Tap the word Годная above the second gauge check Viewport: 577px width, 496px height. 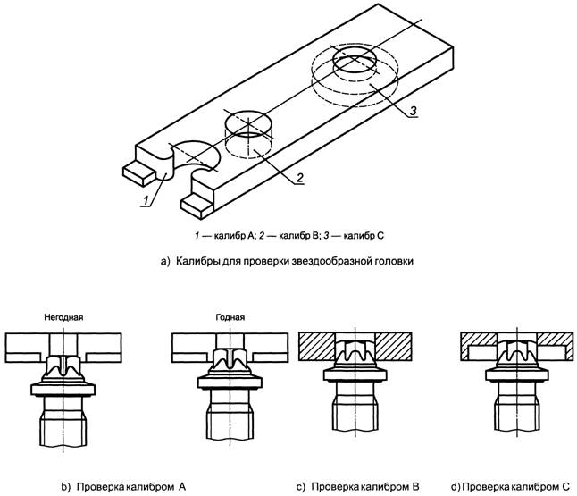pos(230,316)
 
